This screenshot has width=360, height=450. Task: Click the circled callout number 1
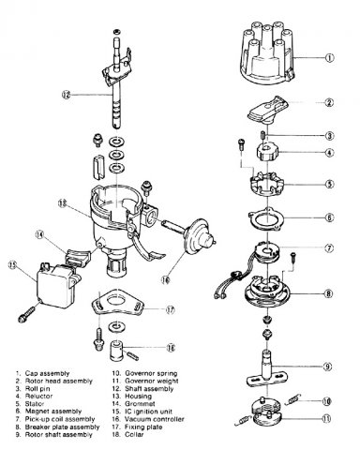(330, 58)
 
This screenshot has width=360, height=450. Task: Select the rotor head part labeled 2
(268, 110)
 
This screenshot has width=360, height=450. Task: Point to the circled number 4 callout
(330, 153)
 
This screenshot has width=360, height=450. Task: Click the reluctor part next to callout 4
(267, 151)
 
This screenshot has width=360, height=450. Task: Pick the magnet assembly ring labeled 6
(266, 219)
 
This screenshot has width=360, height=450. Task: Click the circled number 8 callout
(328, 293)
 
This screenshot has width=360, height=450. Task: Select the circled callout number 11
(326, 419)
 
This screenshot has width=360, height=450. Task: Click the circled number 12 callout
(67, 95)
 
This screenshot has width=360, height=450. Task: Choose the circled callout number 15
(12, 265)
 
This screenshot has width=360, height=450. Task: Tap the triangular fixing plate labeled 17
(117, 302)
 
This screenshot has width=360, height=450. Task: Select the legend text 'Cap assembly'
(47, 373)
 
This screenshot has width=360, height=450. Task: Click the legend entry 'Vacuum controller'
(155, 419)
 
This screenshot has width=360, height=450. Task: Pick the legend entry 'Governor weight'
(152, 381)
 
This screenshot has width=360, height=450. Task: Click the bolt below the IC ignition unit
(27, 314)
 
